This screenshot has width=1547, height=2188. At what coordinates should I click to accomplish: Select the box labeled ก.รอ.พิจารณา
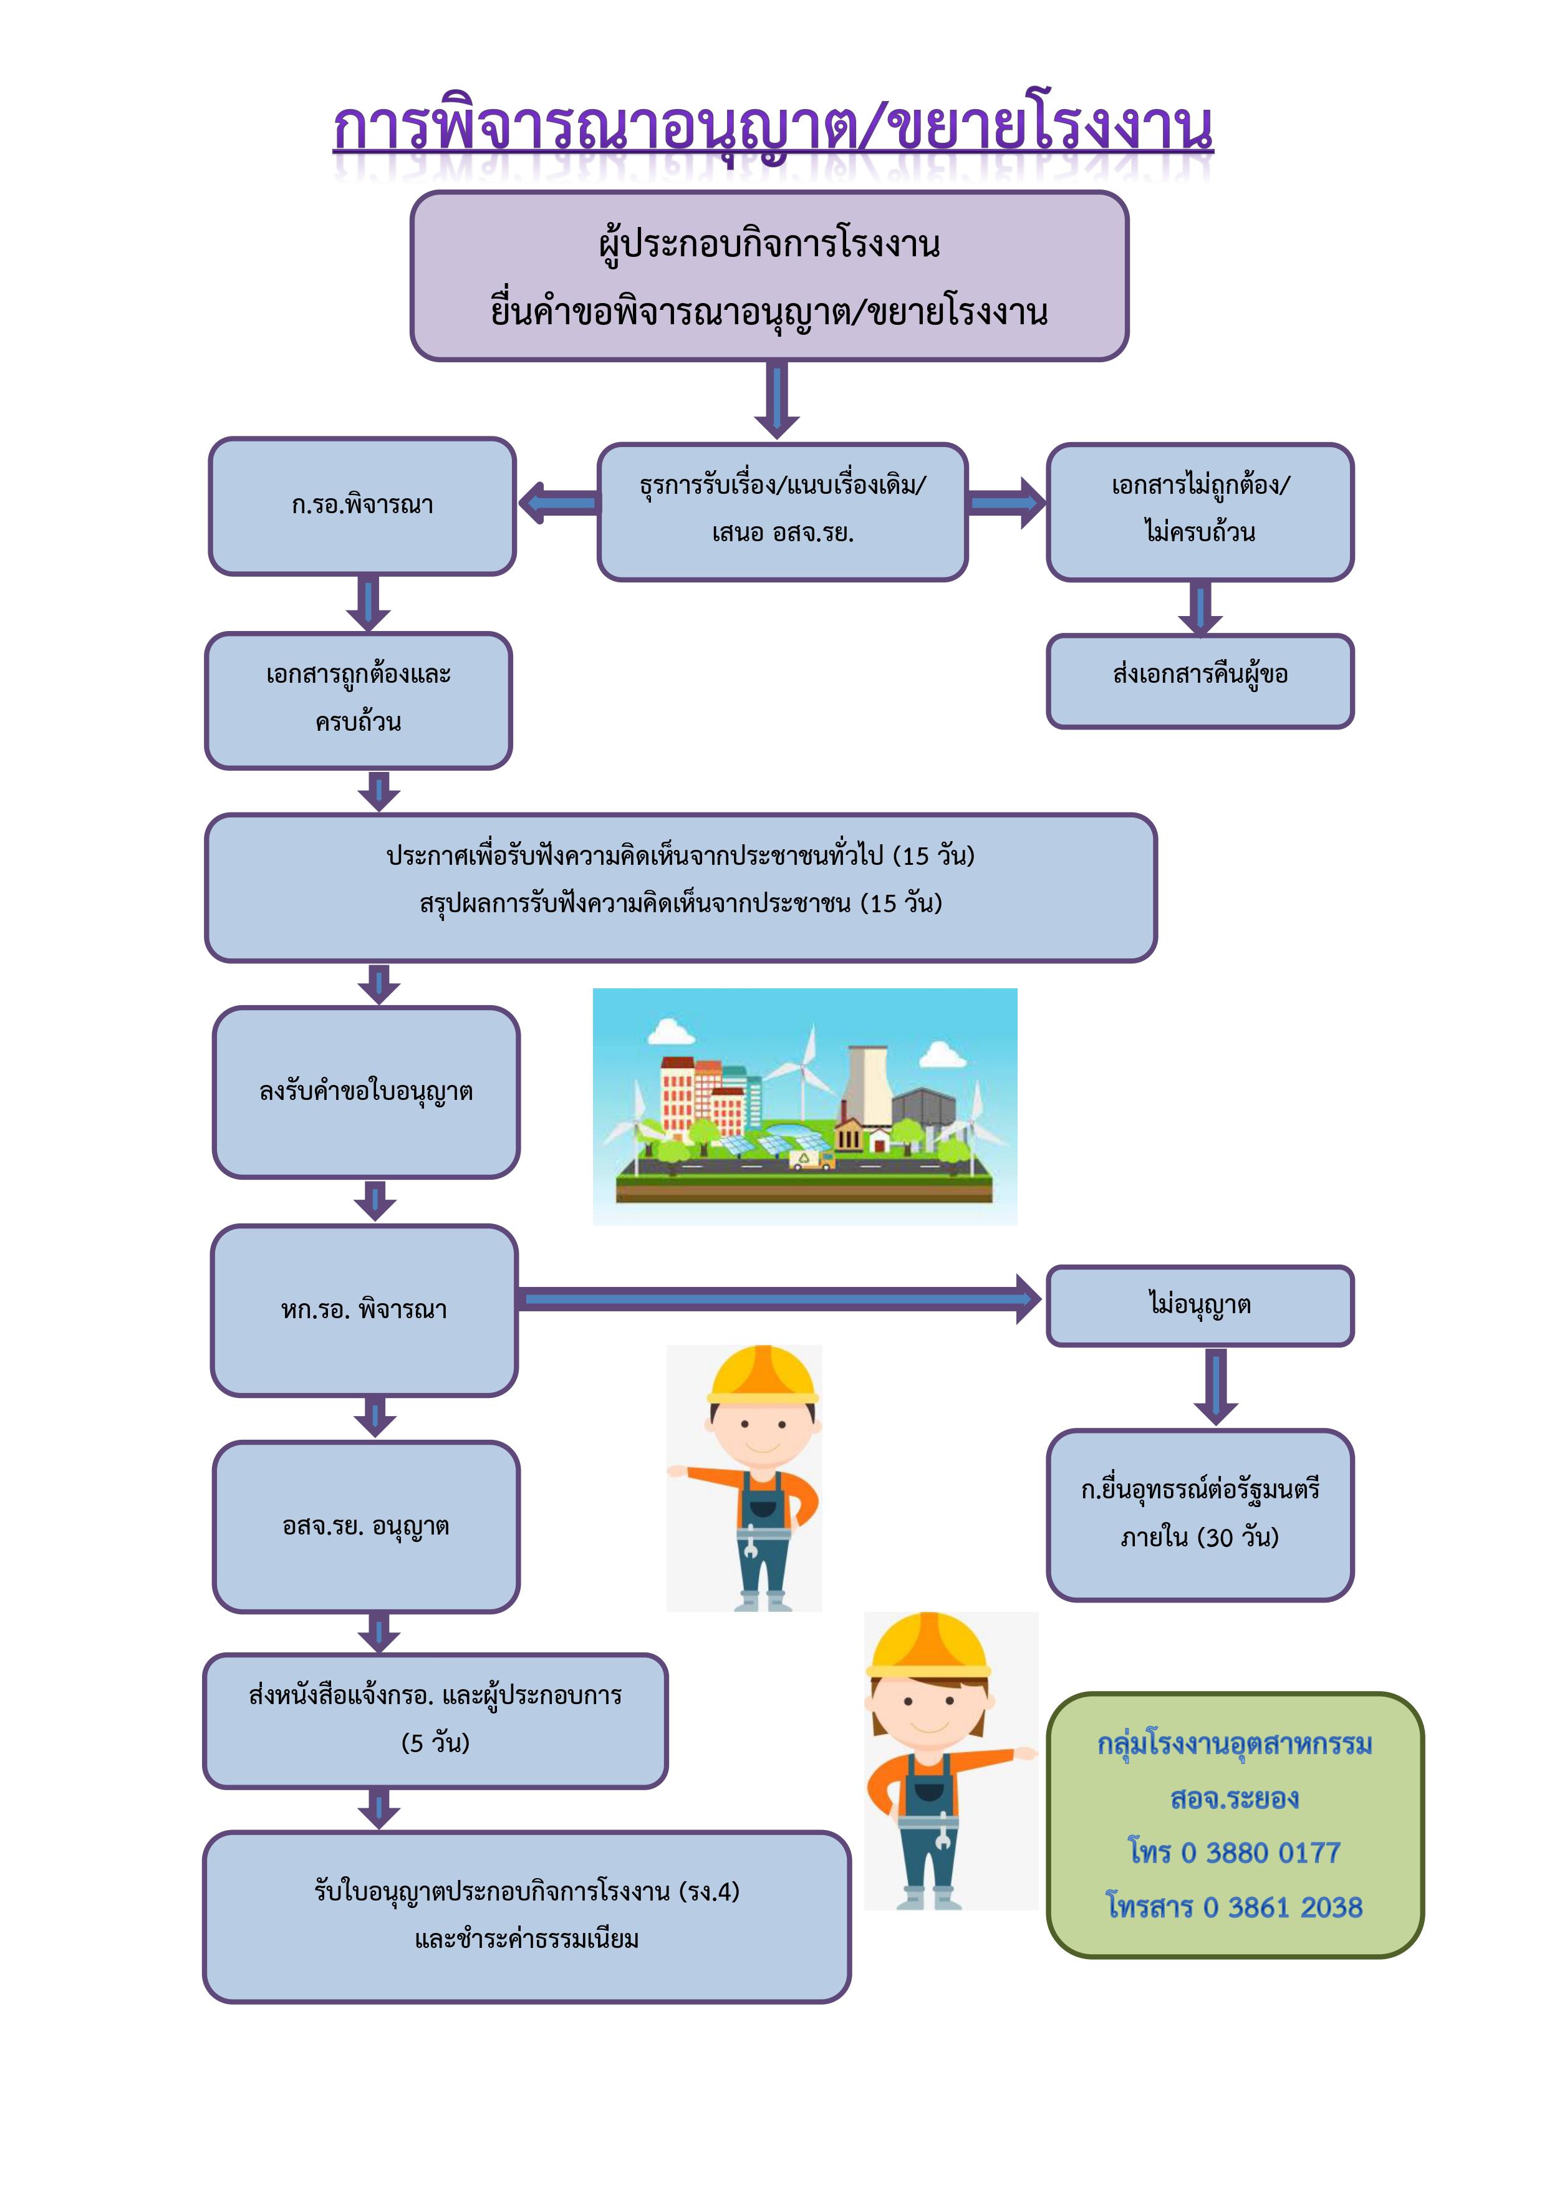[x=362, y=506]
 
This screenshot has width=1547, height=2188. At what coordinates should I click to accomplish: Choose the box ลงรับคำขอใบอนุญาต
[x=366, y=1091]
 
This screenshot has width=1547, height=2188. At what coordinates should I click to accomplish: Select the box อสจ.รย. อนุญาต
[x=366, y=1526]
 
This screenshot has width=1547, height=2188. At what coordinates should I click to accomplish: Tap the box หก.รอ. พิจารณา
[x=364, y=1310]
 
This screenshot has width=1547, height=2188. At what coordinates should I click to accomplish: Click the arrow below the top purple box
[x=777, y=400]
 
